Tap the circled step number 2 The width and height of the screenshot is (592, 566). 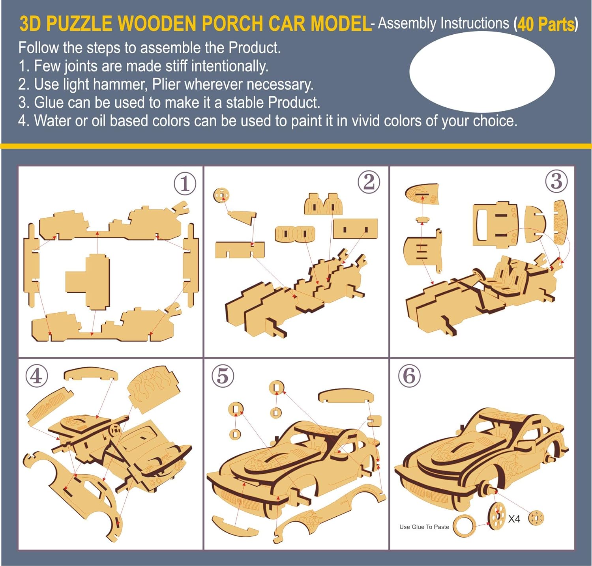point(369,182)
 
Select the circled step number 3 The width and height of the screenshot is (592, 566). point(556,181)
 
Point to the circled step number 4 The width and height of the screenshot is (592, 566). point(37,376)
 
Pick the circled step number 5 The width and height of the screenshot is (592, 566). point(223,376)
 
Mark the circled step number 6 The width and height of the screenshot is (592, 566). point(409,376)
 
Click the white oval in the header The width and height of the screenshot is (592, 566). point(482,72)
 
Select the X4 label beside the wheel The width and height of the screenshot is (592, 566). point(514,519)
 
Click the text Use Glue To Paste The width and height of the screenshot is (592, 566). point(424,527)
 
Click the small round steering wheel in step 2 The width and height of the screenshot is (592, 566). point(221,195)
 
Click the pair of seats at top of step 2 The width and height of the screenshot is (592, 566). point(323,204)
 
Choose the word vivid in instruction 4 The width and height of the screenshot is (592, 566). point(366,121)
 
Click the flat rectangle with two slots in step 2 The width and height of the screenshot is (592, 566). point(355,229)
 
